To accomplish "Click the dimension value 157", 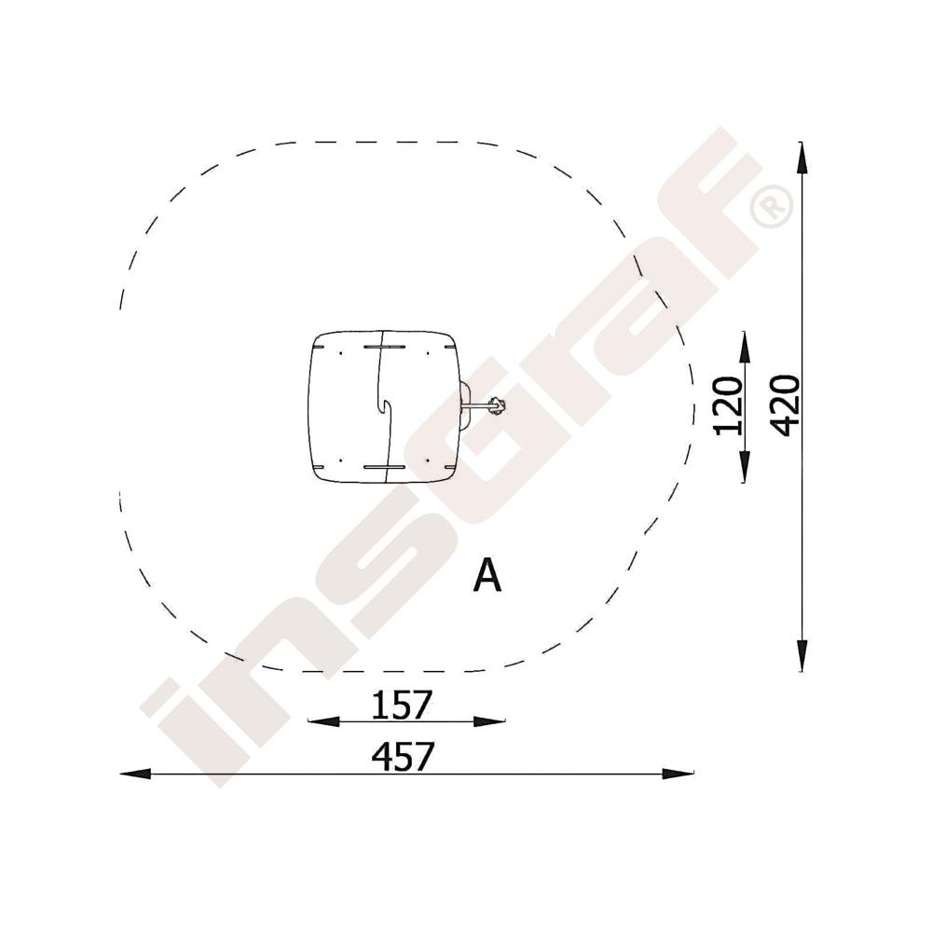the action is pos(401,705).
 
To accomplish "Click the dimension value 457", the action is pos(403,757).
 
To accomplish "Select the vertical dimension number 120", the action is pos(729,406).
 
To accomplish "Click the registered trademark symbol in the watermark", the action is pos(772,206).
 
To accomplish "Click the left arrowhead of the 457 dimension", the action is pos(135,774).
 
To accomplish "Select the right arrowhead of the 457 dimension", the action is pos(678,774).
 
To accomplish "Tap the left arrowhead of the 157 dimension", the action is pos(323,721).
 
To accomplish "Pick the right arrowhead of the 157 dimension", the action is pos(489,721).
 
